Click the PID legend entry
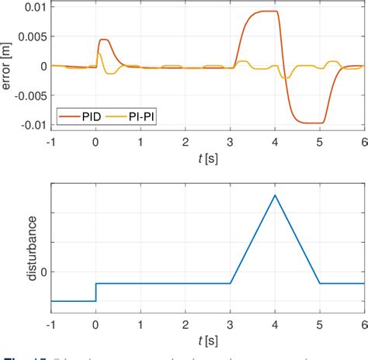click(x=87, y=117)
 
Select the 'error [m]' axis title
click(x=8, y=66)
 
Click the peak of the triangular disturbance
click(x=275, y=195)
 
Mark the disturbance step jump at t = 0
click(x=95, y=292)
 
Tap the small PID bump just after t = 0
click(x=104, y=40)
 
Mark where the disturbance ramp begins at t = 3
click(x=230, y=283)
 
